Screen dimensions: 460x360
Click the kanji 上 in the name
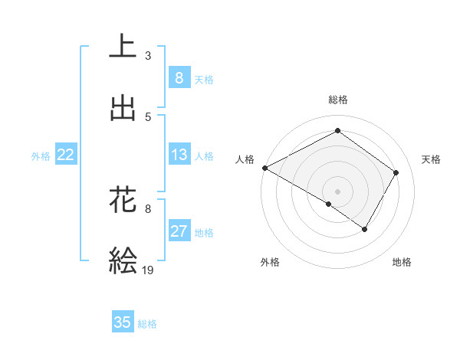click(123, 46)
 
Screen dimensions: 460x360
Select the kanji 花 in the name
click(123, 199)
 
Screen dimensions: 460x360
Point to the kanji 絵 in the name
click(123, 260)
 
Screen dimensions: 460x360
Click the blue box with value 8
click(179, 77)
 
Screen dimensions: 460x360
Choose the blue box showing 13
click(179, 155)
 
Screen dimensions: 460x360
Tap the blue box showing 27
click(179, 231)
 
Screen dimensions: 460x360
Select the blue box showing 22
click(66, 155)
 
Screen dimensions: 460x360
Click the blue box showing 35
click(123, 322)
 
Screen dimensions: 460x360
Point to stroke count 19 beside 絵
click(149, 270)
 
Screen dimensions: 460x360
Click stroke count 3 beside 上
click(148, 55)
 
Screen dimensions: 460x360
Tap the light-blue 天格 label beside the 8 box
click(204, 79)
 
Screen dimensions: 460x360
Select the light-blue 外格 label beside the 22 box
click(41, 155)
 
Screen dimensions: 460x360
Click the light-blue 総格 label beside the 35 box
click(147, 324)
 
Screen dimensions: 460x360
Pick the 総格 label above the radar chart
click(337, 100)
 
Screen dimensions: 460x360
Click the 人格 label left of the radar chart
click(245, 159)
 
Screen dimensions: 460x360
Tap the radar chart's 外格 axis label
click(270, 262)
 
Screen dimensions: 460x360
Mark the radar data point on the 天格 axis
click(396, 173)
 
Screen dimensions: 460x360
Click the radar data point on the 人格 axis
click(264, 168)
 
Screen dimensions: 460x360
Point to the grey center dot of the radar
click(337, 191)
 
